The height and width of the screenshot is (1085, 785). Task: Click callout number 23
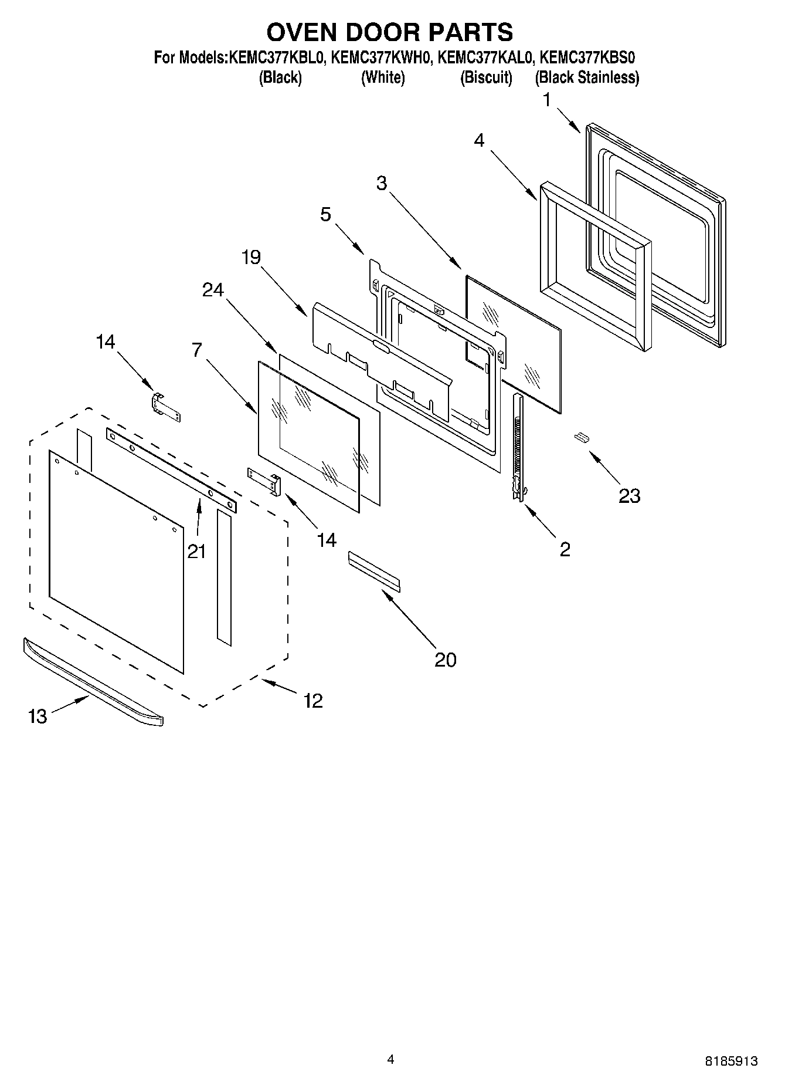click(630, 496)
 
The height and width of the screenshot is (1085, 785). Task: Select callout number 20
click(445, 660)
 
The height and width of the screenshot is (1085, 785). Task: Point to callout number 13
click(38, 716)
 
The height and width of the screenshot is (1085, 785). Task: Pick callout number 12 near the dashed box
click(313, 701)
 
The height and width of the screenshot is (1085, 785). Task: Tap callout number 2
click(565, 549)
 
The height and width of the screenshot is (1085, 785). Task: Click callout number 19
click(251, 257)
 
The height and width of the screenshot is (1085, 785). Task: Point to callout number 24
click(213, 290)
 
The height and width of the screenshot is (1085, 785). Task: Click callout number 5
click(325, 214)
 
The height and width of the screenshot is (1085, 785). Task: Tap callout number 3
click(382, 183)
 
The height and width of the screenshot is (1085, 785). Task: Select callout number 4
click(479, 140)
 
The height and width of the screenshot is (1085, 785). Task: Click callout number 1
click(547, 100)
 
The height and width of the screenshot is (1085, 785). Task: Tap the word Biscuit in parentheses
click(486, 77)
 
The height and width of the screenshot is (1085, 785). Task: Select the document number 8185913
click(731, 1060)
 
